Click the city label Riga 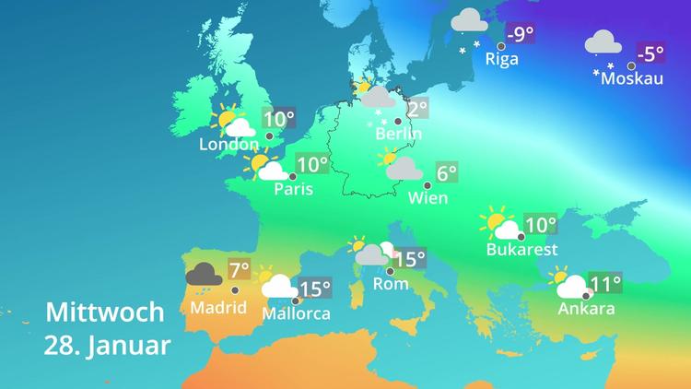click(501, 59)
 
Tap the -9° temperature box click(521, 35)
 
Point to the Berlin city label click(399, 134)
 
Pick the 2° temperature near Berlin click(417, 109)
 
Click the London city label click(228, 145)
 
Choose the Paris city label click(294, 190)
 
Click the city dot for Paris click(293, 175)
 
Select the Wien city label click(427, 197)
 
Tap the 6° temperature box click(447, 172)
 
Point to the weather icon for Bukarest click(500, 225)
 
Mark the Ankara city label click(586, 309)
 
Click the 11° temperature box click(606, 283)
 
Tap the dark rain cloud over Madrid click(204, 275)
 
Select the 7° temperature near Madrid click(240, 271)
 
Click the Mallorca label click(297, 313)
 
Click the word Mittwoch click(105, 312)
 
